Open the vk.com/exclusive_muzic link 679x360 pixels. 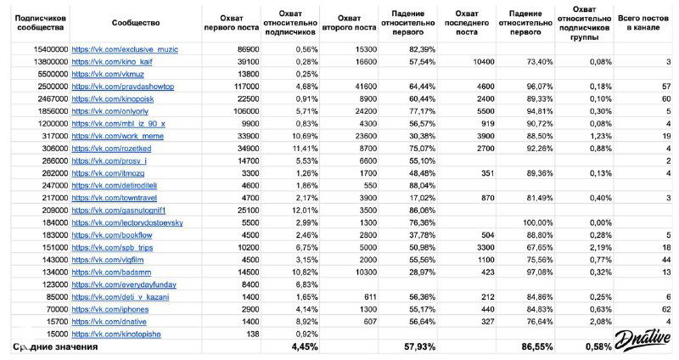125,49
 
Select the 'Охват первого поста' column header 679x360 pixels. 227,21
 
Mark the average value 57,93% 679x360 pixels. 418,347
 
